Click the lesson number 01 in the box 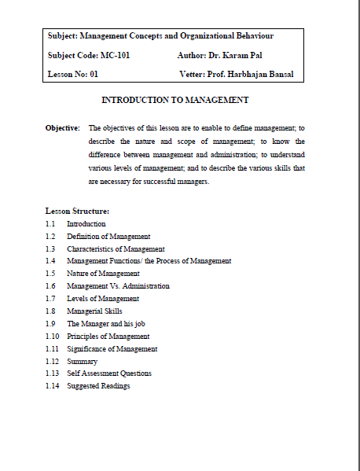tap(94, 74)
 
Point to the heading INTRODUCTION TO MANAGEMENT tap(175, 101)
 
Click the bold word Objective tap(62, 127)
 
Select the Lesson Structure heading tap(77, 211)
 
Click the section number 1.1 tap(50, 224)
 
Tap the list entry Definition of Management tap(108, 236)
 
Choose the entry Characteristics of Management tap(116, 248)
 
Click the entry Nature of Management tap(103, 273)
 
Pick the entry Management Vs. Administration tap(118, 286)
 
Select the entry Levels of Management tap(103, 299)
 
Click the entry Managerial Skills tap(94, 311)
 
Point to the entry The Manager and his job tap(106, 323)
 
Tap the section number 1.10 tap(52, 336)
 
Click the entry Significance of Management tap(112, 348)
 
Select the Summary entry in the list tap(83, 361)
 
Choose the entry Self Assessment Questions tap(109, 373)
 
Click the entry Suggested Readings tap(98, 386)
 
